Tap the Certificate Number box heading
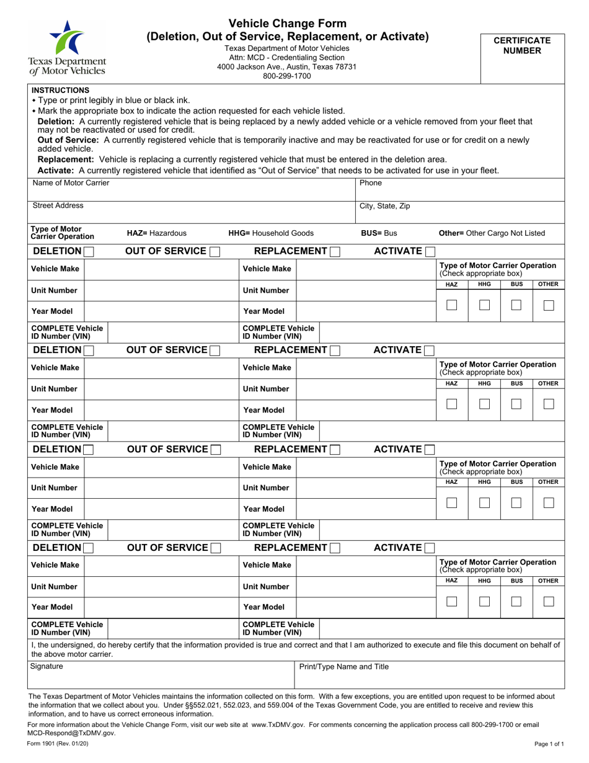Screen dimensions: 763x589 click(x=521, y=45)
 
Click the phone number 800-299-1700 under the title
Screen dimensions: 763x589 click(x=286, y=76)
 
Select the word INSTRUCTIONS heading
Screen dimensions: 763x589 click(x=60, y=90)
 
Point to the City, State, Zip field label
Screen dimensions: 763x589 click(x=384, y=206)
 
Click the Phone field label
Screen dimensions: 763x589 click(x=371, y=183)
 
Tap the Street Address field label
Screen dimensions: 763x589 click(x=58, y=205)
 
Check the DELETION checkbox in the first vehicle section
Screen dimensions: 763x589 click(x=89, y=251)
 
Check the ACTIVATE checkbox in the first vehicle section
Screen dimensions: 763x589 click(x=428, y=251)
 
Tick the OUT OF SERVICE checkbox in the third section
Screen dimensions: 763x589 click(x=215, y=449)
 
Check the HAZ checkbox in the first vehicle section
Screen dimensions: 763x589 click(x=452, y=305)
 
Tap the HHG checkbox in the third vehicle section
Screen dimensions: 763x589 click(x=484, y=503)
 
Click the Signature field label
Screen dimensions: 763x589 click(x=46, y=667)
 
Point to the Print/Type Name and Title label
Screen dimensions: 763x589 click(x=344, y=667)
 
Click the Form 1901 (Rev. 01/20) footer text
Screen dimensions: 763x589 click(x=53, y=743)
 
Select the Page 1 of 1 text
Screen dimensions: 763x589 click(x=549, y=743)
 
